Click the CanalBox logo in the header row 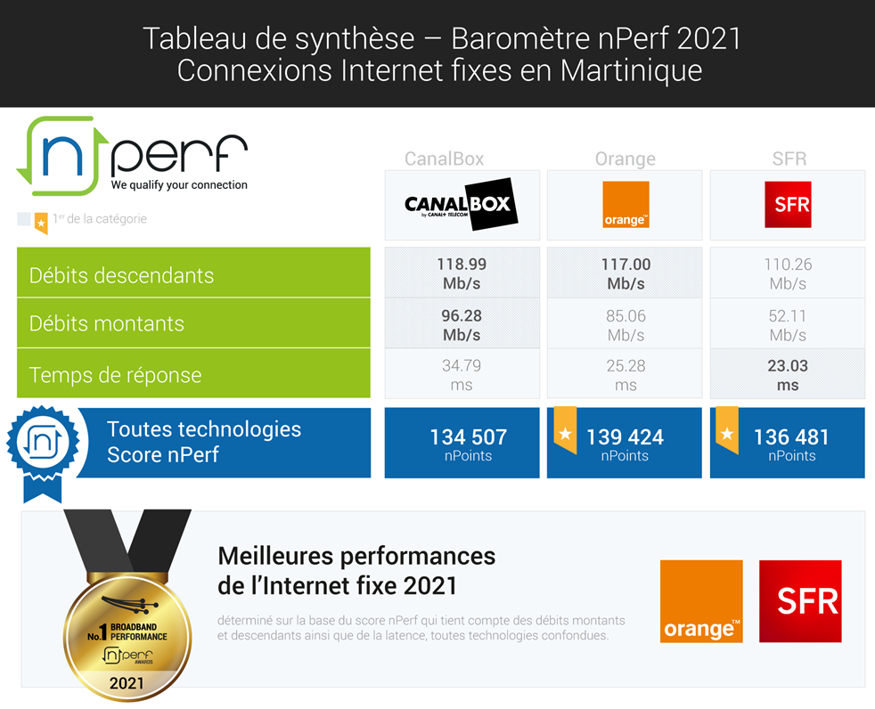[462, 205]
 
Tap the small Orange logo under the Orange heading [625, 205]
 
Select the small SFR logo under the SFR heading [788, 205]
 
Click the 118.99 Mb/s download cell [462, 273]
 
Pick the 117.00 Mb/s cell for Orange [625, 273]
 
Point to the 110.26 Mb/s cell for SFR [788, 273]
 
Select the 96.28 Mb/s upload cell [462, 325]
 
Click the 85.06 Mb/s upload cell [625, 325]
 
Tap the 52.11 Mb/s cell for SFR [788, 325]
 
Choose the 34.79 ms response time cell [462, 375]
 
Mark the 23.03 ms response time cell [788, 375]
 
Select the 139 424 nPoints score [626, 443]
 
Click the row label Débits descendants [121, 275]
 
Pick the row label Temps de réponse [115, 375]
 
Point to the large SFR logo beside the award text [799, 601]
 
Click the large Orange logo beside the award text [701, 601]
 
